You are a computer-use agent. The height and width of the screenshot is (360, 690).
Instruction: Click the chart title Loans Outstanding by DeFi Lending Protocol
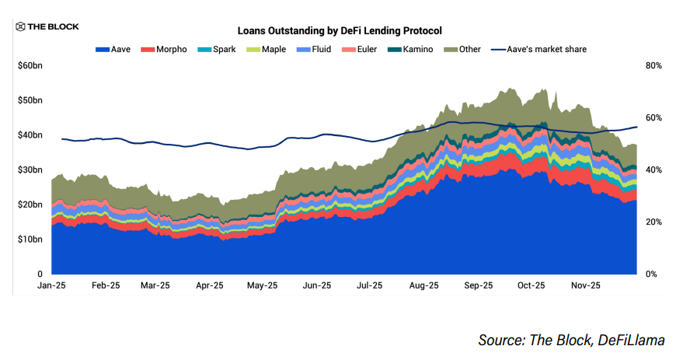click(339, 31)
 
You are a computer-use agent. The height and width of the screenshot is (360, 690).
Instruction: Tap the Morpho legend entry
click(163, 49)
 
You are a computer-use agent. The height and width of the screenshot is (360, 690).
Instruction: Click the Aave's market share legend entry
click(537, 49)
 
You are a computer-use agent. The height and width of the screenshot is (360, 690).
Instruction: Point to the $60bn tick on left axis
click(30, 66)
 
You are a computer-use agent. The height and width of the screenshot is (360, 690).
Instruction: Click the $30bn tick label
click(30, 170)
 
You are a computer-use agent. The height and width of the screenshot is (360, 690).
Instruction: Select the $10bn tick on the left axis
click(30, 239)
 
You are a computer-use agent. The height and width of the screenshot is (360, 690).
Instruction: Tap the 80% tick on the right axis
click(653, 66)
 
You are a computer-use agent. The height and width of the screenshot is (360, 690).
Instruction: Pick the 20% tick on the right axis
click(653, 222)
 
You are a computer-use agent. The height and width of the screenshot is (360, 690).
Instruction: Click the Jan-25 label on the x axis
click(51, 285)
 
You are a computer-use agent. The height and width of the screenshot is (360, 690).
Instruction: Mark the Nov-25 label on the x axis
click(585, 285)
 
